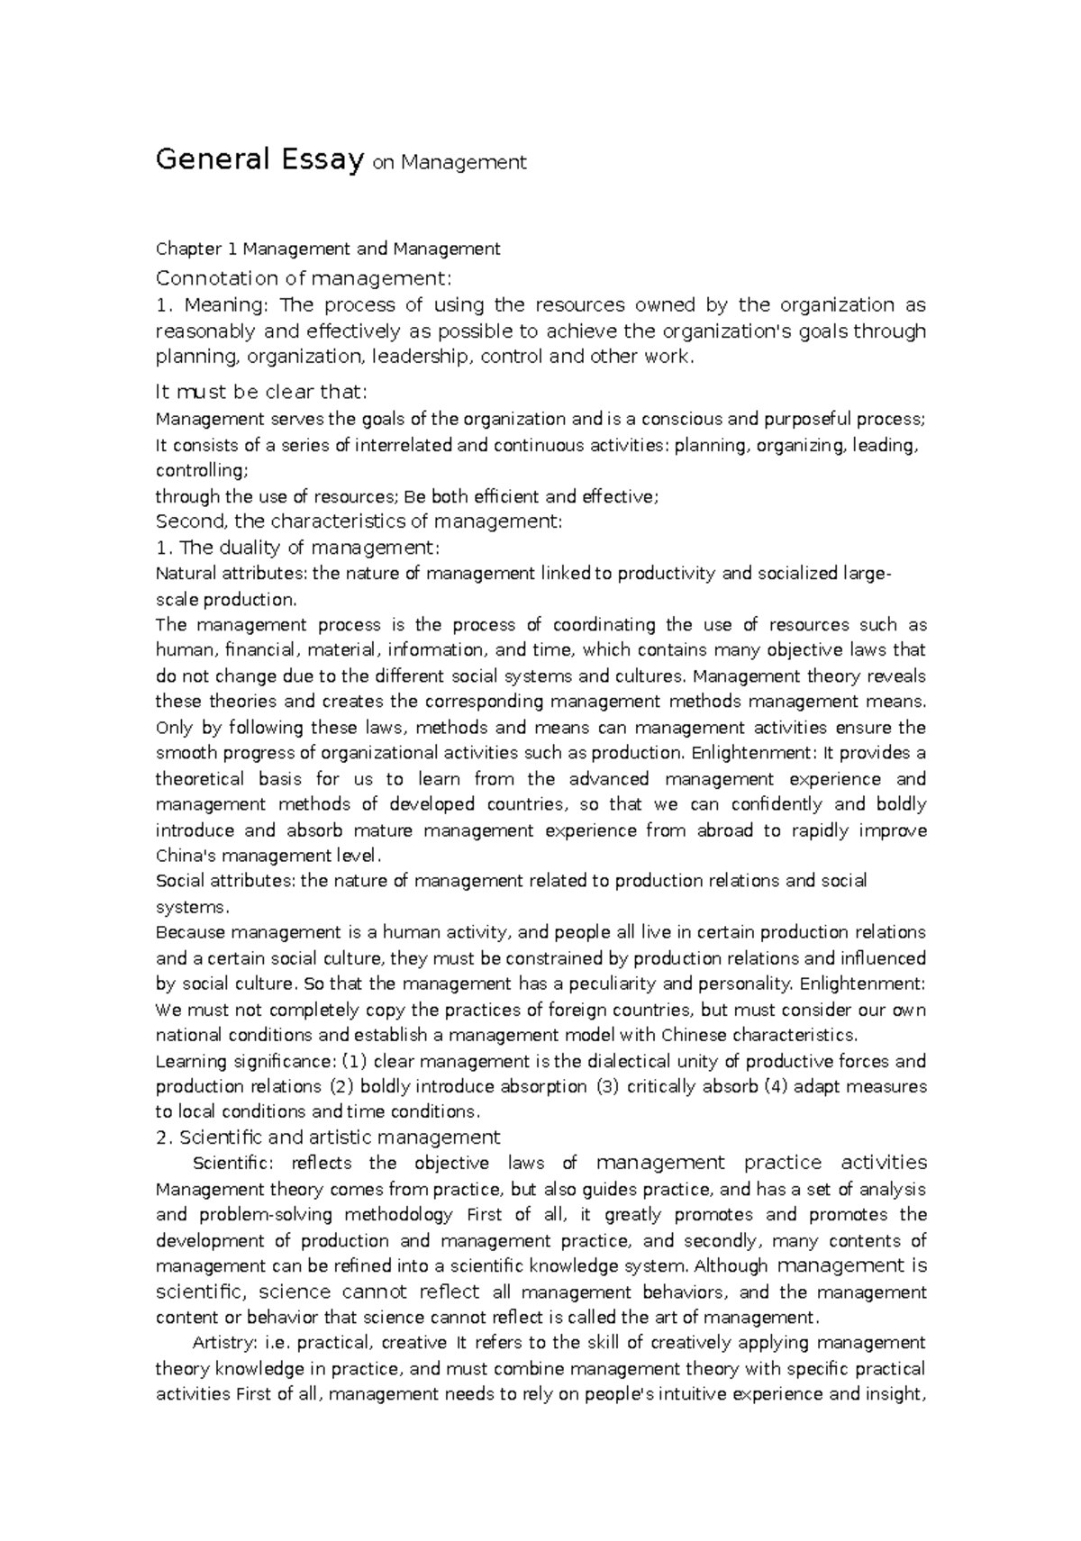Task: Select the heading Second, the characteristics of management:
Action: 359,521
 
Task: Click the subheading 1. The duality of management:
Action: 297,547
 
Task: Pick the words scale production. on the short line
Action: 225,599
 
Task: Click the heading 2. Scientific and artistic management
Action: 328,1137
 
